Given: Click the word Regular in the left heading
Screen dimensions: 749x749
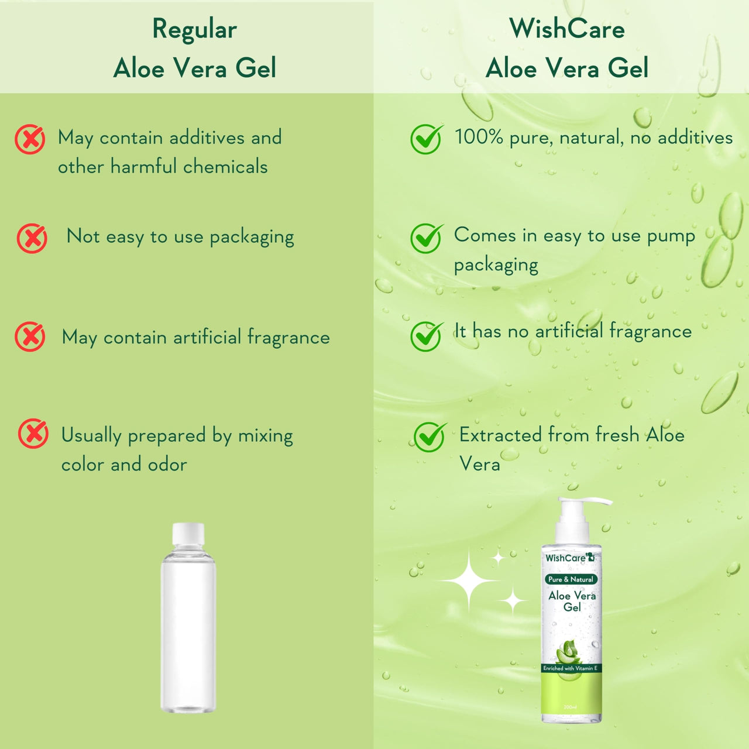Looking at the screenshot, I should tap(194, 29).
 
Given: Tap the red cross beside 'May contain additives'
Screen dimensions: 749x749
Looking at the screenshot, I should tap(30, 139).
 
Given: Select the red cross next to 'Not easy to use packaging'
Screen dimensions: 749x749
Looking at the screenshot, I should tap(32, 238).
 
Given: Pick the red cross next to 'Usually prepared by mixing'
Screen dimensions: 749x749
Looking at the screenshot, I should tap(33, 434).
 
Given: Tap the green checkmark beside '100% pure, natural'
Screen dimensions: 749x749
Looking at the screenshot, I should tap(426, 139).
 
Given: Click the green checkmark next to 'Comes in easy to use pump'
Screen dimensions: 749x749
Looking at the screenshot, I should tap(426, 238).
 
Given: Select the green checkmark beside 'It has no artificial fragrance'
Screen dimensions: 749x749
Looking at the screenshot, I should tap(426, 336).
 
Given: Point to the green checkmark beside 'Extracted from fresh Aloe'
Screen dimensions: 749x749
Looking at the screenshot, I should tap(430, 437).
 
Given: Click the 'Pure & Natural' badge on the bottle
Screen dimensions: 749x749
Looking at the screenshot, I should tap(571, 579).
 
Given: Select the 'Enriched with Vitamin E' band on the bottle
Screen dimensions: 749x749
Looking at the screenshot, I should tap(571, 668).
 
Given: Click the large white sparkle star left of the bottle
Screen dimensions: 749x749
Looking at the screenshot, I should tap(469, 580).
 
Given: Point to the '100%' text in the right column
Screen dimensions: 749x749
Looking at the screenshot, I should tap(479, 137).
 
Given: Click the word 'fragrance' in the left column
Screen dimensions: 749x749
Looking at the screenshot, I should tap(288, 338).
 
